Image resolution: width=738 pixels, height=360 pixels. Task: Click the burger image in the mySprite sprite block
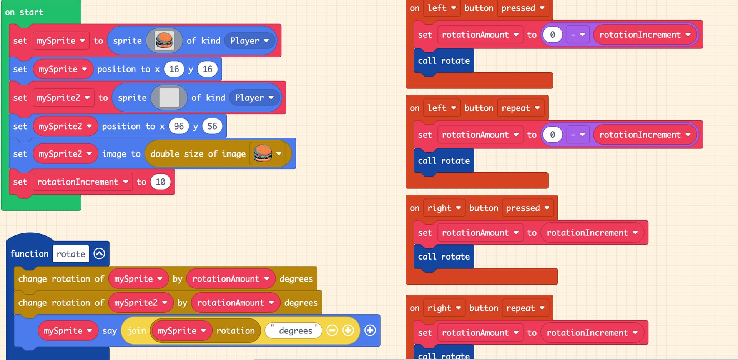pyautogui.click(x=164, y=40)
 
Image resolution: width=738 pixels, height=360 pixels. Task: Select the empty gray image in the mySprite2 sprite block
pyautogui.click(x=169, y=97)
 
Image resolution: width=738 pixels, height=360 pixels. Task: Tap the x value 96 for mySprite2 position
pyautogui.click(x=179, y=126)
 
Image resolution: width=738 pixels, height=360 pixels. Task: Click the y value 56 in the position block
pyautogui.click(x=212, y=126)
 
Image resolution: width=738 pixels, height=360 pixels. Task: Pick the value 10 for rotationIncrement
pyautogui.click(x=160, y=182)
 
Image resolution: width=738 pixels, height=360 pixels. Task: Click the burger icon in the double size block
pyautogui.click(x=263, y=153)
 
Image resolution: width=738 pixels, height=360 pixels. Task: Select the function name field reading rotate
pyautogui.click(x=71, y=254)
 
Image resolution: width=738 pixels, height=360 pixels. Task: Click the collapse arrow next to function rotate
pyautogui.click(x=99, y=253)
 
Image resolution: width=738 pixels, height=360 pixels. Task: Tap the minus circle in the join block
pyautogui.click(x=332, y=330)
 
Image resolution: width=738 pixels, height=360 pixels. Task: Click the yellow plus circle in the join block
pyautogui.click(x=348, y=330)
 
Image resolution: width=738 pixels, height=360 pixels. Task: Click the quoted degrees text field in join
pyautogui.click(x=294, y=330)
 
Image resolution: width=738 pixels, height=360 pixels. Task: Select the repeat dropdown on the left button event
pyautogui.click(x=520, y=108)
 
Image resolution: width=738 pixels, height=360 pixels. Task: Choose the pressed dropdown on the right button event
pyautogui.click(x=527, y=208)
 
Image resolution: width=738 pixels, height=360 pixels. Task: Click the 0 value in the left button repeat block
pyautogui.click(x=552, y=135)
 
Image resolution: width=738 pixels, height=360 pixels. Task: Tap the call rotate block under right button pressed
pyautogui.click(x=444, y=257)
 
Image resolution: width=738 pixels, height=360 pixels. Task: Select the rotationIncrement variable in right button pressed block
pyautogui.click(x=592, y=233)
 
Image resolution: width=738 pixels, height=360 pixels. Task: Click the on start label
pyautogui.click(x=24, y=12)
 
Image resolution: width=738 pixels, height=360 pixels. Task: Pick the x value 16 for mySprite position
pyautogui.click(x=174, y=69)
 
